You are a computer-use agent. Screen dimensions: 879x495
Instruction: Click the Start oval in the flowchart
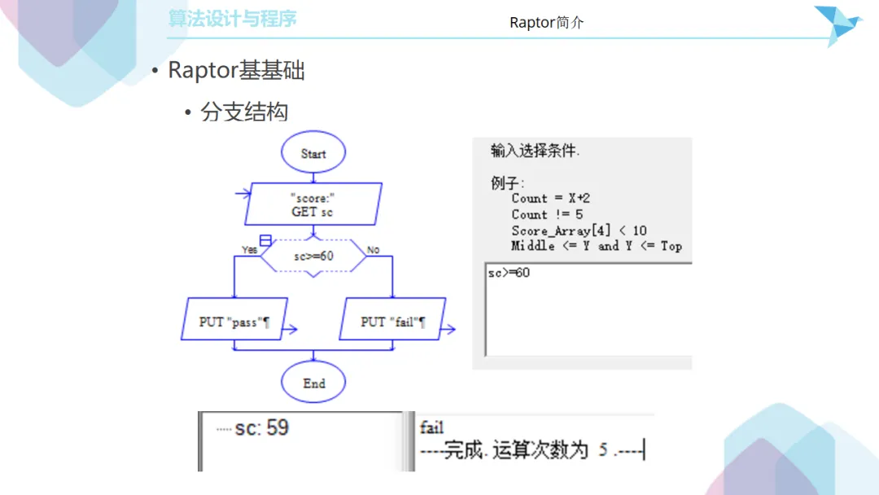pyautogui.click(x=313, y=152)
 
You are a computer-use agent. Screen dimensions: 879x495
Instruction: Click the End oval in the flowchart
pyautogui.click(x=313, y=383)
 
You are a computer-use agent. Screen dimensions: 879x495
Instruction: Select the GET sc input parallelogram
pyautogui.click(x=313, y=204)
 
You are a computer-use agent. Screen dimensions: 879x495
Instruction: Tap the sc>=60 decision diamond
pyautogui.click(x=313, y=256)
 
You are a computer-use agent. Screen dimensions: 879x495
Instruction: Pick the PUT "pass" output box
pyautogui.click(x=234, y=319)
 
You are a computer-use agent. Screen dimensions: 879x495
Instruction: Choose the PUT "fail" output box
pyautogui.click(x=392, y=319)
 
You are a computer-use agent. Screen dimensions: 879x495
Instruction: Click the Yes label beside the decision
pyautogui.click(x=250, y=249)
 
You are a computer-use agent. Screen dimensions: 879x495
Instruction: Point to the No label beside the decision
pyautogui.click(x=373, y=249)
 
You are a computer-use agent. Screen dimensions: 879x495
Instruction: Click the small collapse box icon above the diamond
pyautogui.click(x=265, y=240)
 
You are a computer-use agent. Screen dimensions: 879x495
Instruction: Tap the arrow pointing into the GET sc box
pyautogui.click(x=243, y=194)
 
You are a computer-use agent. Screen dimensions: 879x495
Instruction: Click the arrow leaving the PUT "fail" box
pyautogui.click(x=448, y=330)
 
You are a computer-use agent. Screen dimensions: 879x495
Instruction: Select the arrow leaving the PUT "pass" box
pyautogui.click(x=290, y=330)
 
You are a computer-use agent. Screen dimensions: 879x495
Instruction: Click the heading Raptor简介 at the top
pyautogui.click(x=547, y=23)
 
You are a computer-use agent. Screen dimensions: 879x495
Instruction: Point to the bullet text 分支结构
pyautogui.click(x=244, y=112)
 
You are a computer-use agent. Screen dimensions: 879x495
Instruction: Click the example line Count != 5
pyautogui.click(x=547, y=215)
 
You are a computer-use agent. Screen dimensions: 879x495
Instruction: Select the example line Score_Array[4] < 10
pyautogui.click(x=579, y=230)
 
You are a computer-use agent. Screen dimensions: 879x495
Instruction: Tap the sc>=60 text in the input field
pyautogui.click(x=509, y=273)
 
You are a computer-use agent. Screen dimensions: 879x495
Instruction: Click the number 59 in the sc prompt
pyautogui.click(x=278, y=428)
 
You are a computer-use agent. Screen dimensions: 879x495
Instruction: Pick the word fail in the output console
pyautogui.click(x=431, y=427)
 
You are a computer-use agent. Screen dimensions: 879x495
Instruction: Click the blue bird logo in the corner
pyautogui.click(x=838, y=24)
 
